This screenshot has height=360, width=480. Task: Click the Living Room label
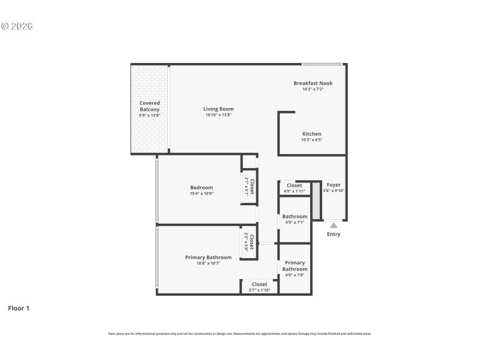click(x=218, y=109)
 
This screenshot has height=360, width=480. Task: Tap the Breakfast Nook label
click(x=313, y=83)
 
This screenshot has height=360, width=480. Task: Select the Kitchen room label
click(x=311, y=134)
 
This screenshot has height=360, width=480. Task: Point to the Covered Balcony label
click(x=149, y=106)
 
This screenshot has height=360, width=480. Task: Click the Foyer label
click(x=334, y=185)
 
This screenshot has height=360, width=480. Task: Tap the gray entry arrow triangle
click(x=334, y=225)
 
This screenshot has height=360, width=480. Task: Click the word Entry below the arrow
click(x=334, y=234)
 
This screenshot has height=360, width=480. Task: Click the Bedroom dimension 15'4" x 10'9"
click(x=202, y=193)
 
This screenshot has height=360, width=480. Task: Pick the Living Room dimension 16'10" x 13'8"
click(x=218, y=115)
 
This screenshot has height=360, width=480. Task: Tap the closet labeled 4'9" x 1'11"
click(x=294, y=188)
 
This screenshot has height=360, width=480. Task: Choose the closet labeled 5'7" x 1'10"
click(x=259, y=287)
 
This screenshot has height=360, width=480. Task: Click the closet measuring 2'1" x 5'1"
click(x=249, y=187)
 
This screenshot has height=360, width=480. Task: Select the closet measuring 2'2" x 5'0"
click(x=249, y=242)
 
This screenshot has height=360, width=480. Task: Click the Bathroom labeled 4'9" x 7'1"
click(x=295, y=219)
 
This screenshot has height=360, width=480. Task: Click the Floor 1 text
click(x=19, y=308)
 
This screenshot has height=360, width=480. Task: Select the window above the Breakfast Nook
click(x=322, y=64)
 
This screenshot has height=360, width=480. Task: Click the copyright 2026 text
click(x=17, y=26)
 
